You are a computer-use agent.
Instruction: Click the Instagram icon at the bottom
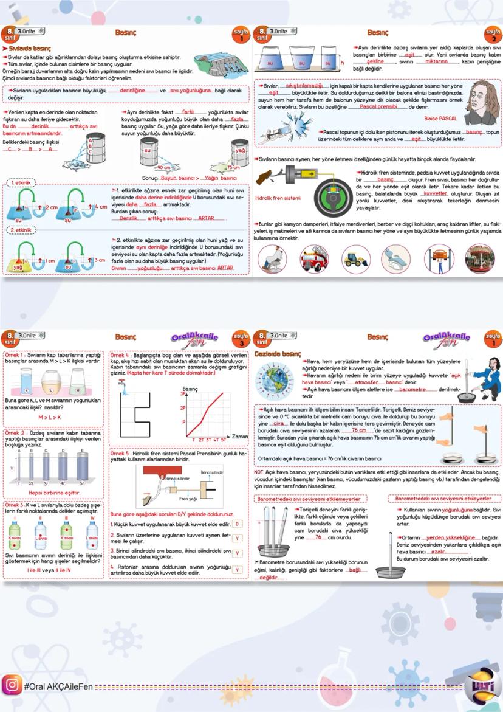pyautogui.click(x=12, y=685)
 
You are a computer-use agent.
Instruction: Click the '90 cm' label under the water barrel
pyautogui.click(x=164, y=167)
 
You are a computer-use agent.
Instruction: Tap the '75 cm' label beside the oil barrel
pyautogui.click(x=233, y=167)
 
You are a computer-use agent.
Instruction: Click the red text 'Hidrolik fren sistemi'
pyautogui.click(x=278, y=198)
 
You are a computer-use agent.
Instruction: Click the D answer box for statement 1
pyautogui.click(x=237, y=524)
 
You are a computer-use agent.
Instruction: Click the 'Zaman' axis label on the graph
pyautogui.click(x=239, y=437)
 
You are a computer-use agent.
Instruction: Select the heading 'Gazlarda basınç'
pyautogui.click(x=278, y=353)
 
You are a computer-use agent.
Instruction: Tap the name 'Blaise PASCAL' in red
pyautogui.click(x=440, y=119)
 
